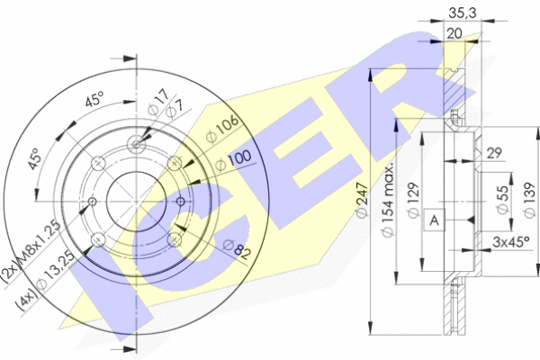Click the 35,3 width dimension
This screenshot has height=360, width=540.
[463, 13]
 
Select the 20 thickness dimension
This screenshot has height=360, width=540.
[454, 33]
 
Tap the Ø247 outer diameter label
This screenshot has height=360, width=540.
[363, 200]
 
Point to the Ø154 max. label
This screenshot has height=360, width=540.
[388, 202]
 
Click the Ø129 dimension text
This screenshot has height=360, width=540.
[414, 200]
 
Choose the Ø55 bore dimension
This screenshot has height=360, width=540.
[503, 200]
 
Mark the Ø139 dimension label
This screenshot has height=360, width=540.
[529, 200]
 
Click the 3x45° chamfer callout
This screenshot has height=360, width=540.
[511, 242]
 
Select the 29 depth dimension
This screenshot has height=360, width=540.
[494, 153]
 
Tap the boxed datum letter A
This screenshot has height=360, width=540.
[435, 220]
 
